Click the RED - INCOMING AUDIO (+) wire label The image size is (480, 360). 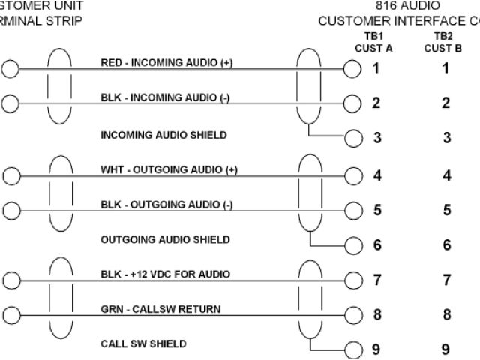coord(166,63)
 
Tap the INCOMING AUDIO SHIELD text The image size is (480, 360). coord(163,135)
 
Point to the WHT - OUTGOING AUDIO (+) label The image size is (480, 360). coord(169,169)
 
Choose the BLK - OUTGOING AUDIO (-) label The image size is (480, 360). coord(166,204)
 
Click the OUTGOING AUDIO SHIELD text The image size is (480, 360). coord(165,240)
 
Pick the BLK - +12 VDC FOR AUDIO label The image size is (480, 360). coord(165,274)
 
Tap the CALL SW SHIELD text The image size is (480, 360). coord(143,344)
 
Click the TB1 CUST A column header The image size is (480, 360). coord(373,41)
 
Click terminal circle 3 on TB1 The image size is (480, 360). coord(352,137)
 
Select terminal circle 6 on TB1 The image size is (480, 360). coord(352,244)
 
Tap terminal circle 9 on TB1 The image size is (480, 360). coord(352,349)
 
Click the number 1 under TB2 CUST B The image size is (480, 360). coord(445,69)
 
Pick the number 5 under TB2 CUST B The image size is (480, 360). coord(446,210)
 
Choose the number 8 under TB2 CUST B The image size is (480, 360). coord(446,315)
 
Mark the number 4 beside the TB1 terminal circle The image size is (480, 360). coord(376,176)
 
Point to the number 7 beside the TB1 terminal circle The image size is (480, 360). coord(376,280)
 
